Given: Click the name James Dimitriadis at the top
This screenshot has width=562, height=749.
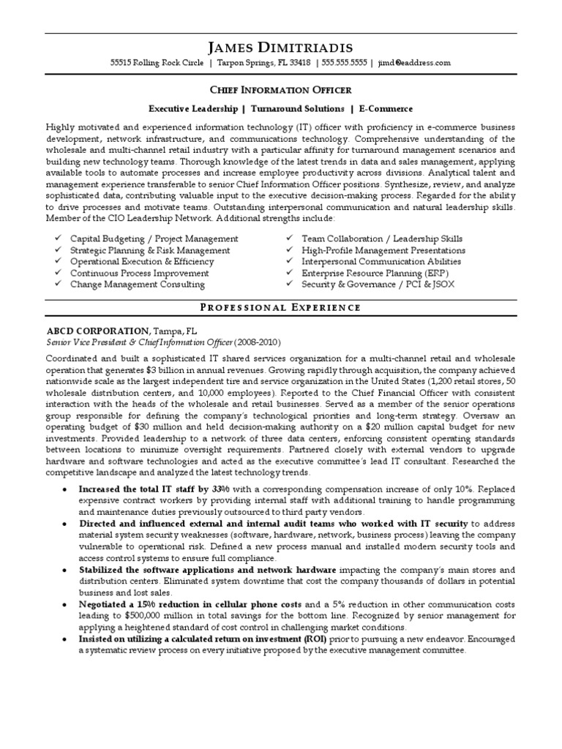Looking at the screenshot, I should point(281,48).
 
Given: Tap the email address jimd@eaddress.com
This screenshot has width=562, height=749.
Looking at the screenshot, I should point(414,64).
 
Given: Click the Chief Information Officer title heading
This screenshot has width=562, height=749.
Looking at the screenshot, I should point(281,90).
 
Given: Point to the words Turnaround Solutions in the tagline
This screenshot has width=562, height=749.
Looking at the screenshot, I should point(297,108).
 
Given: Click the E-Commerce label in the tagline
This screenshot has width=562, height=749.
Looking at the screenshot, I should point(385,108).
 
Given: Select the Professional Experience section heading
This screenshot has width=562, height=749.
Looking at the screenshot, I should point(281,307).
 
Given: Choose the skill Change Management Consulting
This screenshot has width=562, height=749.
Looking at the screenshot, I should point(138,285).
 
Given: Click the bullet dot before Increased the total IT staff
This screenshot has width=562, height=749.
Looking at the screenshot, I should point(67,488).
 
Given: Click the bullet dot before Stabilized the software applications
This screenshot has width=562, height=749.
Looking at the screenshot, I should point(67,570).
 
